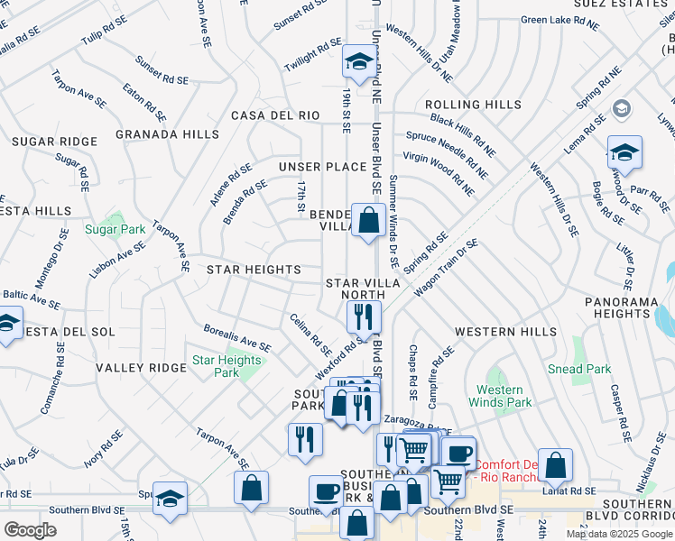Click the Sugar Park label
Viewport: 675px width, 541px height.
click(115, 230)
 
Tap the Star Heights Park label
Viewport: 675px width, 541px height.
click(227, 366)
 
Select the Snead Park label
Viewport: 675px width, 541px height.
click(579, 369)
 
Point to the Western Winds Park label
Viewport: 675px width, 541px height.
click(499, 396)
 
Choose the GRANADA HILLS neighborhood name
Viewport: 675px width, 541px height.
click(167, 134)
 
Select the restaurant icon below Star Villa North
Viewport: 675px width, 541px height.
click(364, 316)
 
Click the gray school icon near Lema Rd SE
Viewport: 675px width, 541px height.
click(621, 109)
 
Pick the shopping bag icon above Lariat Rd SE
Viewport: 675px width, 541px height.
click(556, 465)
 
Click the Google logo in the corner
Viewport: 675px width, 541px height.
click(31, 529)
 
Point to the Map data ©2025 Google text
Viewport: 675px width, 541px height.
click(619, 534)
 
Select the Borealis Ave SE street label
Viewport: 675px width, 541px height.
click(237, 338)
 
